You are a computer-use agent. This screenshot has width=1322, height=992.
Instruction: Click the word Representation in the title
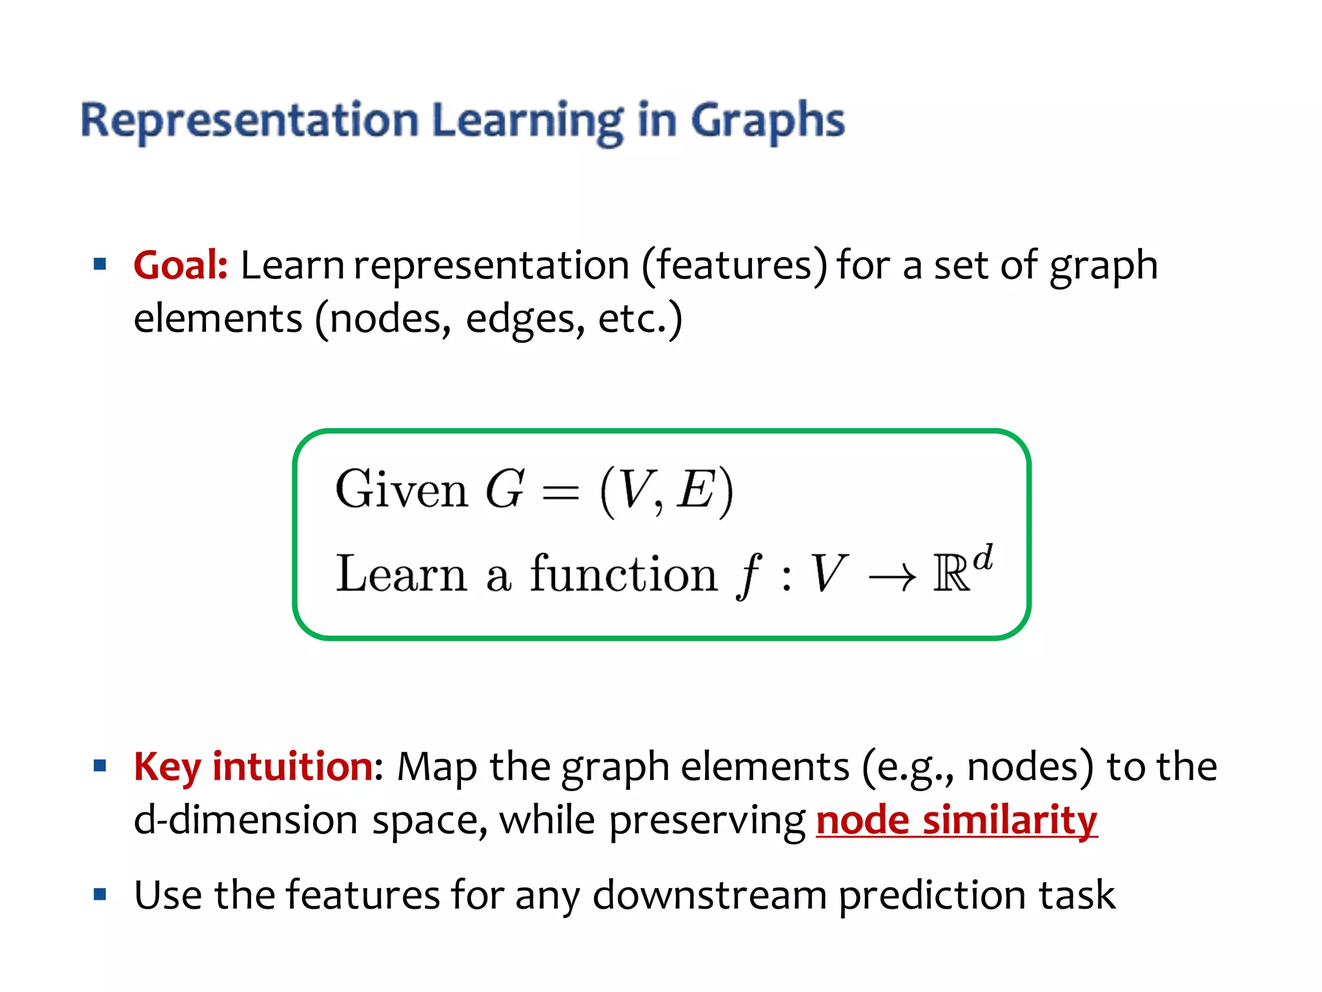click(x=250, y=121)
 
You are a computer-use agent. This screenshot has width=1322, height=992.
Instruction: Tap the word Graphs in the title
click(x=768, y=121)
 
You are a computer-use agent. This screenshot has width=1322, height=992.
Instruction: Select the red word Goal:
click(x=180, y=265)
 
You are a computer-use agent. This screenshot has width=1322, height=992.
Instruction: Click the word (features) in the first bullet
click(x=734, y=265)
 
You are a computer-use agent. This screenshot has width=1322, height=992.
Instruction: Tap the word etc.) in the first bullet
click(x=640, y=319)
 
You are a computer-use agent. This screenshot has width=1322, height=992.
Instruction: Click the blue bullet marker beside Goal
click(x=99, y=264)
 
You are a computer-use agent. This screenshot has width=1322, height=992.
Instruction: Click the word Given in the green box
click(x=401, y=490)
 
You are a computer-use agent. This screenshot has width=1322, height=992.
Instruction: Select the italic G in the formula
click(x=504, y=490)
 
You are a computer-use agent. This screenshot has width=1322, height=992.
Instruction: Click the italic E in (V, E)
click(x=695, y=490)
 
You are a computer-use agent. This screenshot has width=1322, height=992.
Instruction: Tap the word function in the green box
click(x=623, y=573)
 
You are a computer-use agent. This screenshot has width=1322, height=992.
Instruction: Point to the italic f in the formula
click(x=749, y=575)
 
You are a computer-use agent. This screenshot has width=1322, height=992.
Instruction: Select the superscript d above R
click(x=982, y=557)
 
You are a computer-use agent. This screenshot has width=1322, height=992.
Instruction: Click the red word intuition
click(x=292, y=767)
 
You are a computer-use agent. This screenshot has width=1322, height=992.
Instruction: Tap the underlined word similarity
click(x=1010, y=820)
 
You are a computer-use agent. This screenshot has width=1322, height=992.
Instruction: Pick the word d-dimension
click(x=245, y=820)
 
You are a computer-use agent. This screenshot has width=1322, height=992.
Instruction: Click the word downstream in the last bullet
click(x=709, y=895)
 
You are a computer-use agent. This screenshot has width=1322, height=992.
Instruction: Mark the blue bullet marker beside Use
click(x=99, y=894)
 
